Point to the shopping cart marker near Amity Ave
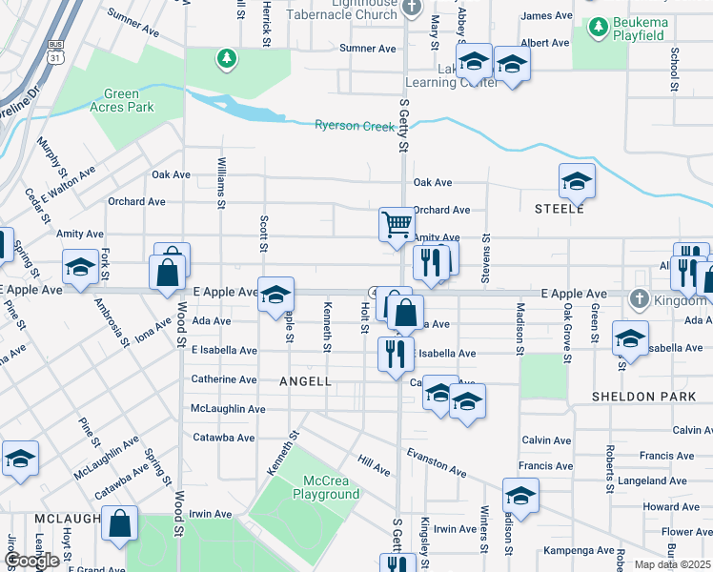click(397, 226)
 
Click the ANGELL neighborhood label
click(305, 381)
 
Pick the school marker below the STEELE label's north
click(577, 180)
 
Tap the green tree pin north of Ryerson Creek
click(226, 60)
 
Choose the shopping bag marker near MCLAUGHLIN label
click(119, 525)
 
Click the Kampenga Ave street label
click(579, 551)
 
